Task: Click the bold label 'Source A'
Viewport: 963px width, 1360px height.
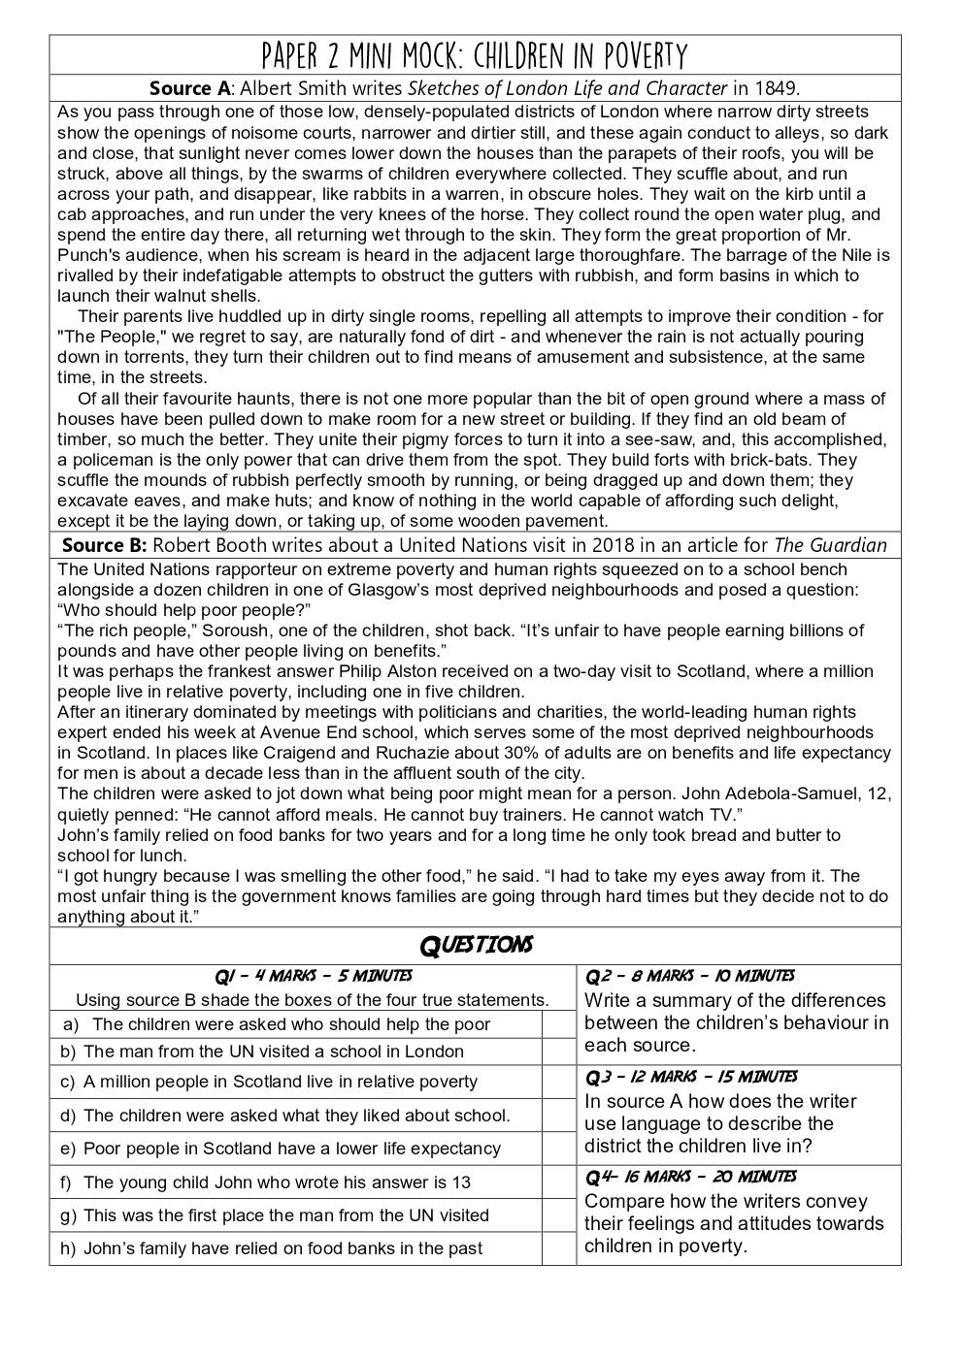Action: (190, 88)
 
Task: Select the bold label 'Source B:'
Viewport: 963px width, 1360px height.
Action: (104, 545)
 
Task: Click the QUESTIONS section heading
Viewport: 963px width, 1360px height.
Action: (475, 945)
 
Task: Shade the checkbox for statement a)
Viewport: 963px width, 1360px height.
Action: (558, 1024)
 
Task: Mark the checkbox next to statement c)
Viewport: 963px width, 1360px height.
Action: (558, 1082)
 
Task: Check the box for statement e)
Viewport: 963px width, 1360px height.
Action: (558, 1149)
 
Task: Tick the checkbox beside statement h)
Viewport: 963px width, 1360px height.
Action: (558, 1248)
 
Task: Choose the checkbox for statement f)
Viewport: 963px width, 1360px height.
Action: (558, 1182)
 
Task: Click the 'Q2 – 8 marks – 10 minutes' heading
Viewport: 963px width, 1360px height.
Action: (689, 976)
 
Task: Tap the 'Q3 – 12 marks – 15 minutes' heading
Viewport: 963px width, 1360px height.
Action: (690, 1076)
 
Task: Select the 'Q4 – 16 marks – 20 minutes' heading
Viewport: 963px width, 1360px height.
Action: (690, 1177)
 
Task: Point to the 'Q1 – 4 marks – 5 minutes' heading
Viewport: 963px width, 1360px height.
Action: (313, 976)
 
